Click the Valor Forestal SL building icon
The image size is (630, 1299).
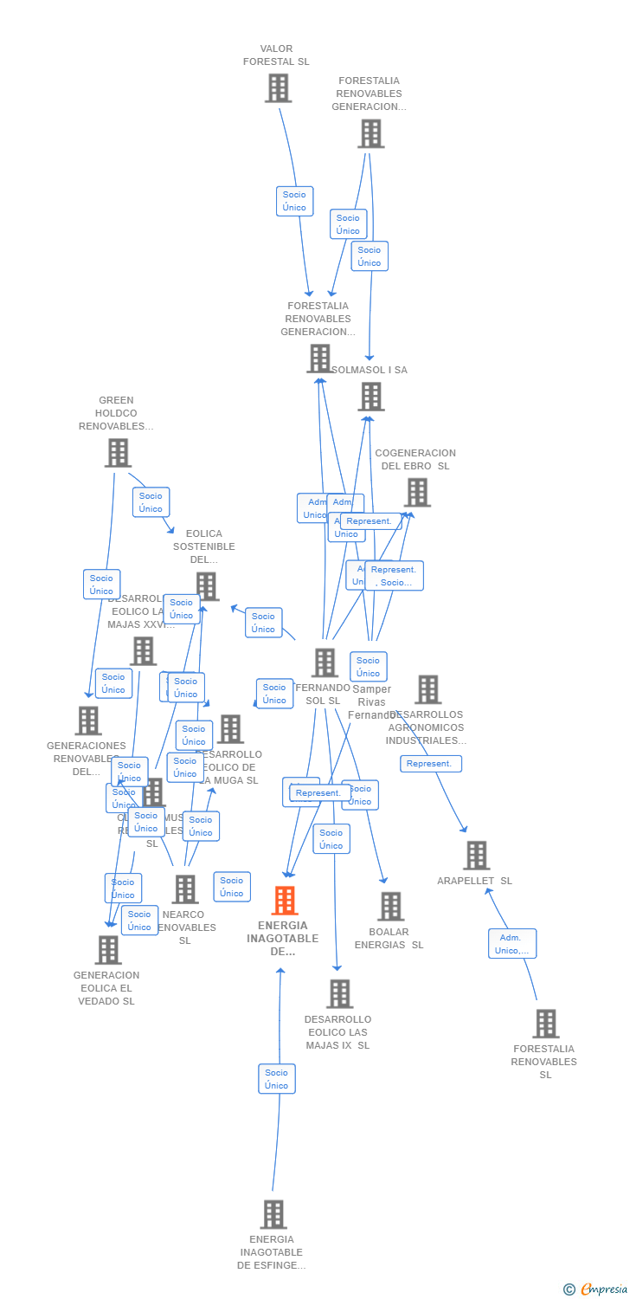click(278, 88)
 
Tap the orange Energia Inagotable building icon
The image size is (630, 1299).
click(284, 901)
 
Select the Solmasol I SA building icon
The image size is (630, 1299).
click(371, 397)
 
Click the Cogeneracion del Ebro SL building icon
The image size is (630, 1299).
click(417, 493)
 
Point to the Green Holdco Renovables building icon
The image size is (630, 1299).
click(118, 453)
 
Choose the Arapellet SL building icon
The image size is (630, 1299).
click(476, 856)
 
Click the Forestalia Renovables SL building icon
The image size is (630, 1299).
click(545, 1024)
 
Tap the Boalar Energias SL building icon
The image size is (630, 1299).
click(390, 907)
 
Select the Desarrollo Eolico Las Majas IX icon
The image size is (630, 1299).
click(339, 994)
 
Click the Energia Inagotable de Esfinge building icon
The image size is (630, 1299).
click(273, 1214)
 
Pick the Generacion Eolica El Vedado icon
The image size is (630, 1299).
click(108, 950)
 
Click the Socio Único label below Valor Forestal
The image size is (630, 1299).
click(294, 201)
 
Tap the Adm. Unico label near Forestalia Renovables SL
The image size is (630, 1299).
click(511, 944)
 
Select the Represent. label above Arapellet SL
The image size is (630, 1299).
click(430, 764)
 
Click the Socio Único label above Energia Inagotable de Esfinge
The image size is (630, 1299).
click(276, 1079)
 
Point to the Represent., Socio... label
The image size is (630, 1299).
click(394, 576)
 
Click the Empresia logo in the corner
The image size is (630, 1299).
click(596, 1289)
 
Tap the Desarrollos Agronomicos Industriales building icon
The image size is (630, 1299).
click(427, 690)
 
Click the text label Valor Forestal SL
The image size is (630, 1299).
click(276, 55)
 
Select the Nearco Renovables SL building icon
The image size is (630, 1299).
click(184, 889)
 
